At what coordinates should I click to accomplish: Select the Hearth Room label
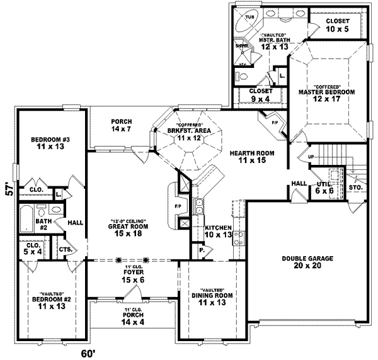click(248, 157)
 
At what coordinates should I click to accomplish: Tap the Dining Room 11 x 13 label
click(212, 299)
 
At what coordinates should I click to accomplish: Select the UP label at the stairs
click(311, 157)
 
